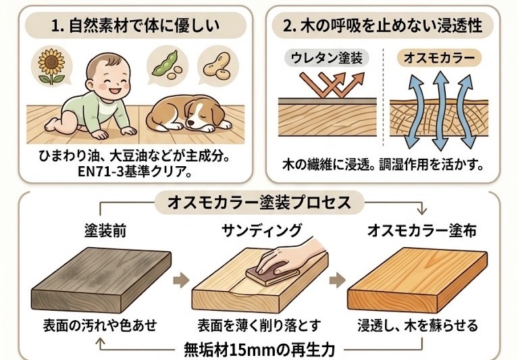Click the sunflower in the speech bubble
(51, 67)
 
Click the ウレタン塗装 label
(326, 58)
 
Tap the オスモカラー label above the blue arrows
(439, 58)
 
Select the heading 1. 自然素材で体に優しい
(135, 26)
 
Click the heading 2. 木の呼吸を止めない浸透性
(382, 26)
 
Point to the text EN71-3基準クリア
(134, 172)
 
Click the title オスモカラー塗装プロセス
(259, 203)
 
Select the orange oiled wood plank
(417, 280)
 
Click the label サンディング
(261, 230)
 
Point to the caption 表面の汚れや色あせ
(100, 326)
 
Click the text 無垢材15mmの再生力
(259, 349)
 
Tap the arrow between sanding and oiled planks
(337, 280)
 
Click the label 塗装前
(105, 230)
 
